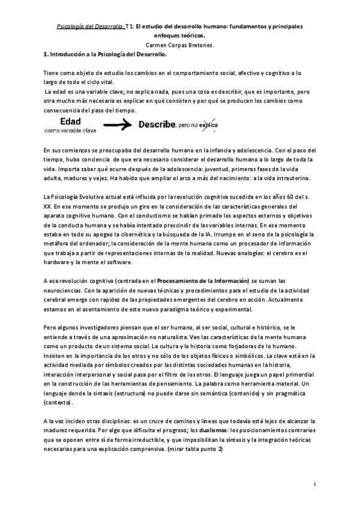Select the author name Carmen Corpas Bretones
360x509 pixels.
[x=179, y=45]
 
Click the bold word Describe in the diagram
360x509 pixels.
[x=157, y=125]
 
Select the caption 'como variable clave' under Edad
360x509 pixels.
[x=71, y=130]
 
